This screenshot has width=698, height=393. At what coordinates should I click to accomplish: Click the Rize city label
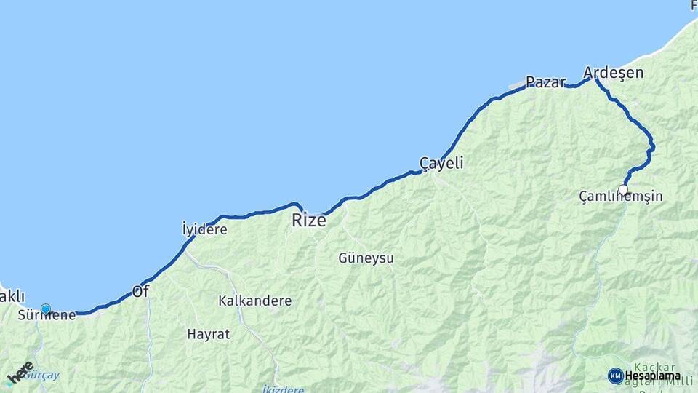pos(309,220)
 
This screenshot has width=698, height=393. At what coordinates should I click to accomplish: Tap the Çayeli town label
pos(441,163)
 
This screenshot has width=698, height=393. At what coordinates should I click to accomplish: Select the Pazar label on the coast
pos(545,82)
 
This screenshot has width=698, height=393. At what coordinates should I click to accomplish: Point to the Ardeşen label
pos(613,73)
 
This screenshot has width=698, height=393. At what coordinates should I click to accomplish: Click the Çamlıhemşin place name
pos(621,196)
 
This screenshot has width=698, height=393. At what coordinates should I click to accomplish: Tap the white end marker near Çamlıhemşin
pos(623,190)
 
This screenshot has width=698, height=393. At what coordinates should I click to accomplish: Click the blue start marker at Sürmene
pos(46,309)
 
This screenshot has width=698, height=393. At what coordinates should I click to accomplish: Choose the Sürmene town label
pos(47,316)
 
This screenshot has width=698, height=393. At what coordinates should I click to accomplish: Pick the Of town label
pos(140,291)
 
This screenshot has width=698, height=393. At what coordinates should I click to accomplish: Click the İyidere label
pos(204,229)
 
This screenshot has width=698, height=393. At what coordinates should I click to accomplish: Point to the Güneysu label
pos(366,258)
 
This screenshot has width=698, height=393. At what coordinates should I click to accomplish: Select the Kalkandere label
pos(254,301)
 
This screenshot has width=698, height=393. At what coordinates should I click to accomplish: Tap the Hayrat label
pos(208,334)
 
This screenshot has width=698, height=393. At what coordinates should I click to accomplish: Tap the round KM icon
pos(615,376)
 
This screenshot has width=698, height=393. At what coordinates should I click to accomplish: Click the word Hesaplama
pos(652,376)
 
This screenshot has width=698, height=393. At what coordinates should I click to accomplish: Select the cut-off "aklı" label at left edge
pos(12,296)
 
